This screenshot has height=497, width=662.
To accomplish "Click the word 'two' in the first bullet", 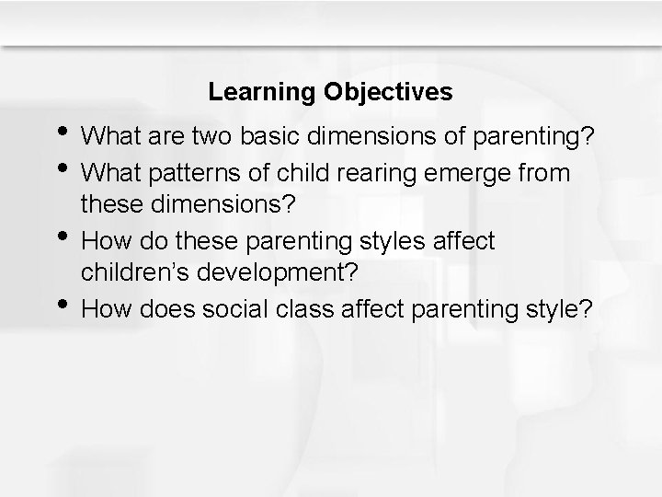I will click(207, 138).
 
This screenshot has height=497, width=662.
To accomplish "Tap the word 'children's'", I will click(132, 275).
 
